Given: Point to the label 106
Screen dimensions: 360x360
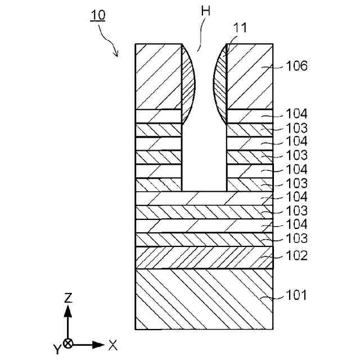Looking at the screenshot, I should [296, 66].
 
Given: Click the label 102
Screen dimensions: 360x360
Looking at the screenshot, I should [296, 255].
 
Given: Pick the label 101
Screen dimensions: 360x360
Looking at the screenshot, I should [296, 295].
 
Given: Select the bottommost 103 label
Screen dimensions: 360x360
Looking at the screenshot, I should [296, 238].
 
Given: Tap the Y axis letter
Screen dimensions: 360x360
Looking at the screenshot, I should [57, 350].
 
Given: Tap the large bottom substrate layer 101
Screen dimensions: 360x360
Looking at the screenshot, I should [204, 299].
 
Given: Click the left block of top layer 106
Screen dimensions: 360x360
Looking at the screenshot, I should [159, 76].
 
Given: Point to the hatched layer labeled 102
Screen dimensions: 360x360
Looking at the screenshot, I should [204, 257].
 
